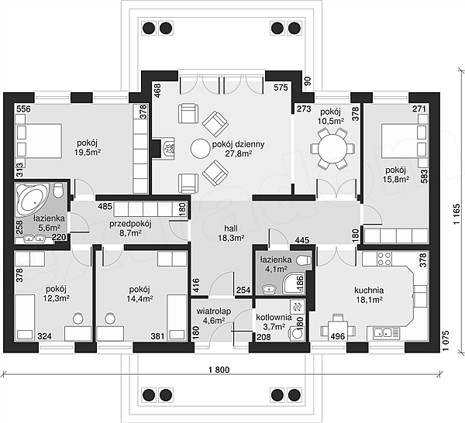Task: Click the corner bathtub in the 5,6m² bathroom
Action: pyautogui.click(x=32, y=199)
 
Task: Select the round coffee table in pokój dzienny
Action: pyautogui.click(x=200, y=149)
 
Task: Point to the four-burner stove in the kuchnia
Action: pyautogui.click(x=384, y=259)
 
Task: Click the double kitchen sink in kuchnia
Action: pyautogui.click(x=383, y=332)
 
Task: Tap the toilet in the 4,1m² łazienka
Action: pyautogui.click(x=305, y=260)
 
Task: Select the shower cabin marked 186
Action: pyautogui.click(x=294, y=284)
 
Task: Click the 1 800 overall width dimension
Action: pyautogui.click(x=219, y=370)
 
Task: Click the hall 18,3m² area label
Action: pyautogui.click(x=231, y=233)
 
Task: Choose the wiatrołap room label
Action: pyautogui.click(x=214, y=311)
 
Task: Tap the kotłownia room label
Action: pyautogui.click(x=274, y=318)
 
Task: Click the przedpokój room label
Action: pyautogui.click(x=130, y=224)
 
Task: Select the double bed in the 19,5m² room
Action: pyautogui.click(x=39, y=141)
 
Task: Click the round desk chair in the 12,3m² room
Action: pyautogui.click(x=78, y=318)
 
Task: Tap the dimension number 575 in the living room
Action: pyautogui.click(x=281, y=88)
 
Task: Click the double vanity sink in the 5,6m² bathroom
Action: pyautogui.click(x=34, y=239)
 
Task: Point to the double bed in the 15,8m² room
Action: pyautogui.click(x=405, y=141)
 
